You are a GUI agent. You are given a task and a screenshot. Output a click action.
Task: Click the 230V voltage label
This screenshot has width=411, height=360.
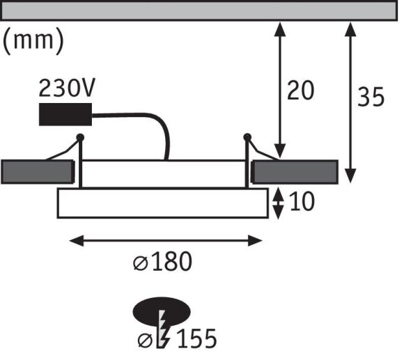[x=68, y=88]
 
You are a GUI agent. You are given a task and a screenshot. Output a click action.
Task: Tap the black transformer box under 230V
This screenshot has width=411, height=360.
[x=67, y=113]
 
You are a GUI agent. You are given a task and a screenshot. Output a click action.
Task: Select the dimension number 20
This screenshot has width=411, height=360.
[x=301, y=91]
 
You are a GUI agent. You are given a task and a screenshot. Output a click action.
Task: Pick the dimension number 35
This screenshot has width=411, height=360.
[x=371, y=97]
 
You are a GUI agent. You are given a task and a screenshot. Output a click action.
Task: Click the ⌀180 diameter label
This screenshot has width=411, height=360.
[x=162, y=263]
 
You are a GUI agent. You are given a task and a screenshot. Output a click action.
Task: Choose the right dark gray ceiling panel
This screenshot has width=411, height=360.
[x=295, y=171]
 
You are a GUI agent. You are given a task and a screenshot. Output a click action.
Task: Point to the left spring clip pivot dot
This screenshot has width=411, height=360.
[x=80, y=137]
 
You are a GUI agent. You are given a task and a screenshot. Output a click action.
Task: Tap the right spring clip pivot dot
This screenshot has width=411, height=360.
[x=247, y=137]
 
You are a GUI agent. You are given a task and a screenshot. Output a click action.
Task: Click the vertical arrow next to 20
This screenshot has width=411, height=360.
[x=280, y=91]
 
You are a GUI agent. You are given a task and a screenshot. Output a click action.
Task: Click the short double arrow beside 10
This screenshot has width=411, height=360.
[x=277, y=202]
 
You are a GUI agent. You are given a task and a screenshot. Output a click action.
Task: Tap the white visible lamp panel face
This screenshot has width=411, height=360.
[x=162, y=203]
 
